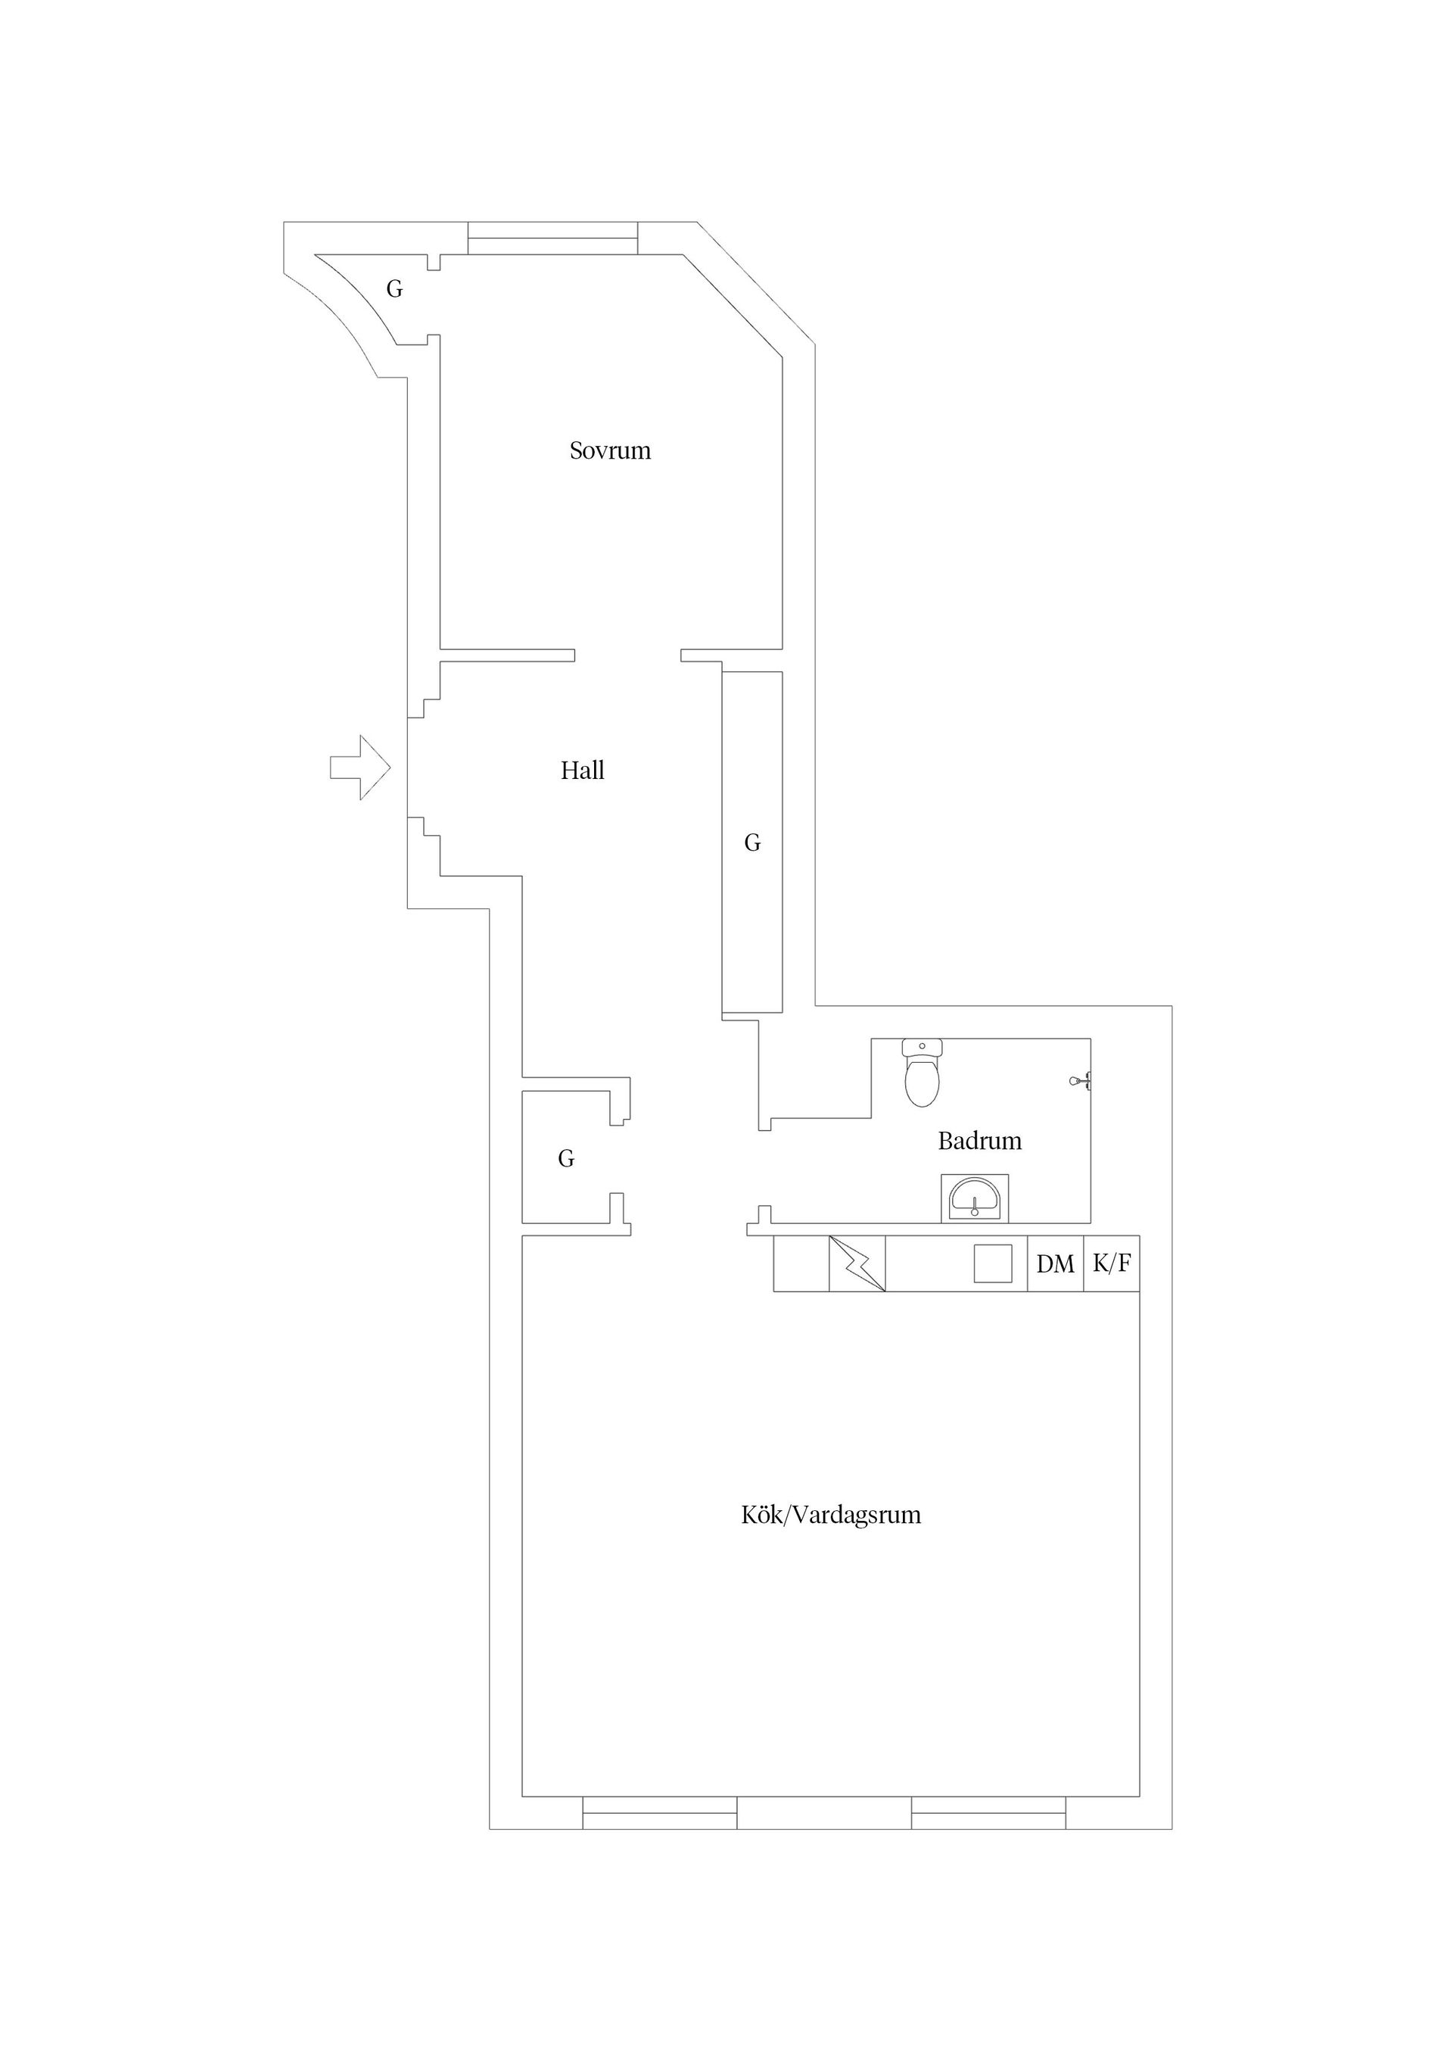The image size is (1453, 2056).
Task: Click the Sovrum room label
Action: coord(610,450)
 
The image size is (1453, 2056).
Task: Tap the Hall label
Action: coord(582,770)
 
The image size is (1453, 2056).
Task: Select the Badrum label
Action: coord(979,1141)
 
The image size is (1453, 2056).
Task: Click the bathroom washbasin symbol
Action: coord(974,1198)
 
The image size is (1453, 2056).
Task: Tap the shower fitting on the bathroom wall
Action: coord(1080,1082)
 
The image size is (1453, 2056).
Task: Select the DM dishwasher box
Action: coord(1055,1264)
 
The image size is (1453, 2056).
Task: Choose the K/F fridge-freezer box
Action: coord(1111,1263)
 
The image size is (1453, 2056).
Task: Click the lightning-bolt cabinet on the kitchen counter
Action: coord(857,1263)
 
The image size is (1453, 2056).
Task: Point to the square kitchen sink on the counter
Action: coord(993,1263)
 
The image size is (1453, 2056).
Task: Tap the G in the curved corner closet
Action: coord(394,289)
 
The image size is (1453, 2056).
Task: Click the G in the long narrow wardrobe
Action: coord(752,843)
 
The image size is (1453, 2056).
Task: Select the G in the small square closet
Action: coord(566,1159)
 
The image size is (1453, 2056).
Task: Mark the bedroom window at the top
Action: coord(553,238)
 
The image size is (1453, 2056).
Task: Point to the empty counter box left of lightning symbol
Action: coord(801,1263)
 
